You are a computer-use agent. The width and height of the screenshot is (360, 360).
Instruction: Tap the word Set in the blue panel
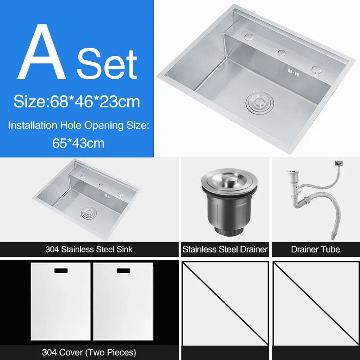[106, 64]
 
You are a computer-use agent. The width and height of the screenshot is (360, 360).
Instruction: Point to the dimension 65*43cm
[78, 143]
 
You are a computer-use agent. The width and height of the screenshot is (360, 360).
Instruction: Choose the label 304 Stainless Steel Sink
[89, 249]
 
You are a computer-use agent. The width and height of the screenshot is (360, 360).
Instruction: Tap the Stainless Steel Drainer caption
[225, 249]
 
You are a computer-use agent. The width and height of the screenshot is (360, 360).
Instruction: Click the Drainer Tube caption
[315, 249]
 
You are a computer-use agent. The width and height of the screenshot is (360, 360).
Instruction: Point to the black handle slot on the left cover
[60, 271]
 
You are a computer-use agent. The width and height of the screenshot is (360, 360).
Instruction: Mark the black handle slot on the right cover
[123, 271]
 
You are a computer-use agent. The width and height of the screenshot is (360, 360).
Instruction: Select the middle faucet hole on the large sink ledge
[282, 53]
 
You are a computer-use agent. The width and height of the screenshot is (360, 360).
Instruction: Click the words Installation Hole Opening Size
[78, 126]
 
